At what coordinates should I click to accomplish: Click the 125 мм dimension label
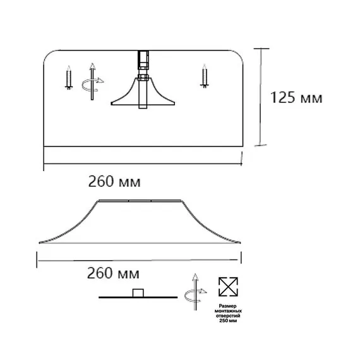pos(296,98)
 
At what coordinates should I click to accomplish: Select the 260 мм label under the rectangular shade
pos(114,182)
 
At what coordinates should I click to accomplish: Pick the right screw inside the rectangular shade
pos(204,76)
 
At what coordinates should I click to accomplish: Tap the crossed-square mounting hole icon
pos(226,287)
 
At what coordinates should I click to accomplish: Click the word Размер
pos(226,304)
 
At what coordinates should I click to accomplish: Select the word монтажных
pos(226,310)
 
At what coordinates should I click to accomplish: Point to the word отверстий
pos(226,315)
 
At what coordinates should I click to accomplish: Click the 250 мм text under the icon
pos(226,321)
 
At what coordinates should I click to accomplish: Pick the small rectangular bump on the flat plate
pos(137,292)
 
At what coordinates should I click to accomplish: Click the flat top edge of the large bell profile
pos(141,201)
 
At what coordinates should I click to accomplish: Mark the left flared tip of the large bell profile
pos(39,242)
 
